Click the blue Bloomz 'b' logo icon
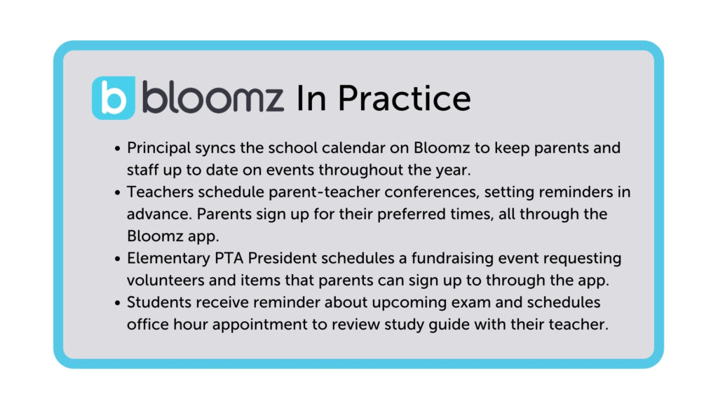[x=113, y=98]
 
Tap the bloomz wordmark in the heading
[x=213, y=98]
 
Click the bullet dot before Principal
[x=118, y=149]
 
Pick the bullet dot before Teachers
[x=118, y=191]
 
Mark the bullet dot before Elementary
[x=118, y=258]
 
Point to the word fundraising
[x=435, y=258]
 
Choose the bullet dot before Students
[x=118, y=303]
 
